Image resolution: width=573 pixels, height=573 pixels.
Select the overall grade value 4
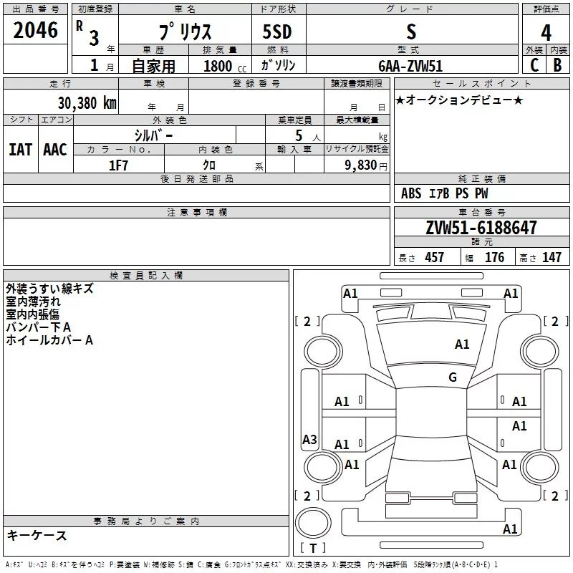(x=546, y=32)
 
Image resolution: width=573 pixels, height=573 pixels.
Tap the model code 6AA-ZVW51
(x=410, y=65)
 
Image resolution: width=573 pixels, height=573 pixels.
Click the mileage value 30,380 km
(x=87, y=102)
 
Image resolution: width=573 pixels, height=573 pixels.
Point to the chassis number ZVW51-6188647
(x=481, y=228)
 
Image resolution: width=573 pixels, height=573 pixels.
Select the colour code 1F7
(x=118, y=165)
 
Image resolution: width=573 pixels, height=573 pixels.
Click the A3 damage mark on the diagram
(x=309, y=440)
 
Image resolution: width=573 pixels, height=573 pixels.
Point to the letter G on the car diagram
(x=453, y=377)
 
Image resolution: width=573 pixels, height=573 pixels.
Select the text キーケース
(x=37, y=536)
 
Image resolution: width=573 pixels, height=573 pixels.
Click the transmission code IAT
(x=20, y=150)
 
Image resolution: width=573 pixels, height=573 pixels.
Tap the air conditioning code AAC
(x=55, y=150)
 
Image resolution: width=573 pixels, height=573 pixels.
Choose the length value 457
(x=434, y=258)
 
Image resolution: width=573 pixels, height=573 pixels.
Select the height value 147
(x=552, y=258)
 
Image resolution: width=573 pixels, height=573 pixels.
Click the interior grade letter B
(x=557, y=65)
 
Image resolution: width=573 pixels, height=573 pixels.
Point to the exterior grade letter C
(x=534, y=65)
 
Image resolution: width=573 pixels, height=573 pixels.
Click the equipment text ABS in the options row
(x=411, y=193)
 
